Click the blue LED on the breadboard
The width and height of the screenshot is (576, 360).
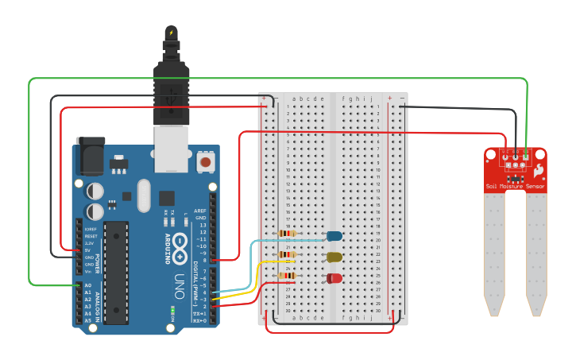click(x=334, y=236)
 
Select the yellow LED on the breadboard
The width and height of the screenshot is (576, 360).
click(x=334, y=257)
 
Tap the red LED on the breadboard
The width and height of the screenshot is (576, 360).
click(x=334, y=277)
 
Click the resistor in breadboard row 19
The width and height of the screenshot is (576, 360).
click(x=287, y=234)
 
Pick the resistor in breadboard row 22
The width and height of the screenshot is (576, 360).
click(x=287, y=255)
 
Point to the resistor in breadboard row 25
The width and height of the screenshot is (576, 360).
click(x=287, y=276)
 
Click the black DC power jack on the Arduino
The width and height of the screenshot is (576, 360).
click(x=90, y=156)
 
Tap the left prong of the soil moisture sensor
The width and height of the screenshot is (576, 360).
click(x=494, y=254)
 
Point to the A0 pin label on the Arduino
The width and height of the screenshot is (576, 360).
click(x=88, y=285)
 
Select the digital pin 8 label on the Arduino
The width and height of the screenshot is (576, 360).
click(x=204, y=260)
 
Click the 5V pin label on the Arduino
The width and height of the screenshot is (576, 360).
click(x=88, y=250)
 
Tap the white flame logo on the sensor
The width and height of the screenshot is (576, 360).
click(x=539, y=170)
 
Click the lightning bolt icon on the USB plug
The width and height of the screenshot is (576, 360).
click(x=171, y=33)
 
